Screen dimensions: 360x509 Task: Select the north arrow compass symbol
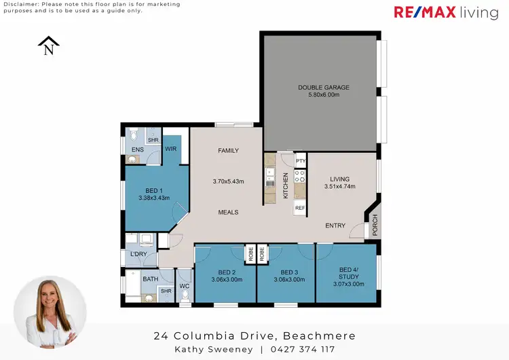tap(48, 46)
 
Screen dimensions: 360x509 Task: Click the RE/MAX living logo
tap(446, 13)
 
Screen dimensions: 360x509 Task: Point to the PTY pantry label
tap(301, 160)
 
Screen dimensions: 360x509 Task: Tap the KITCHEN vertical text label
tap(286, 185)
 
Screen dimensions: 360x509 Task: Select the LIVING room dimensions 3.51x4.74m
tap(340, 187)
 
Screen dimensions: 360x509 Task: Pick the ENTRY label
tap(335, 226)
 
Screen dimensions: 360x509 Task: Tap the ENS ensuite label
tap(137, 149)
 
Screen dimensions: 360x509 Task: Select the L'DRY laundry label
tap(138, 254)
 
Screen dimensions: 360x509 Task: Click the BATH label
tap(150, 278)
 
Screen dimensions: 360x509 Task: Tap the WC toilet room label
tap(183, 286)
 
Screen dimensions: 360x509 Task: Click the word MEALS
tap(228, 212)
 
